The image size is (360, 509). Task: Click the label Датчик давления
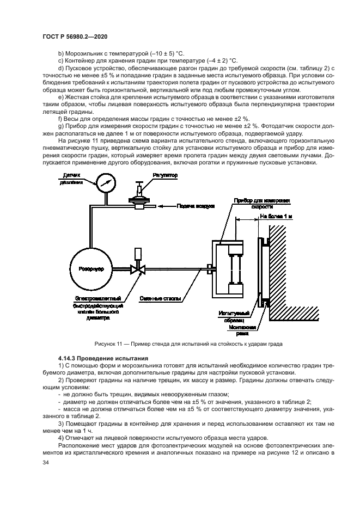[72, 179]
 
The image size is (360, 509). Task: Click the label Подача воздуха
[196, 206]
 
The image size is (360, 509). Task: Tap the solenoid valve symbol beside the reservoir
[138, 268]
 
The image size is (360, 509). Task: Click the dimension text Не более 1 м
[276, 216]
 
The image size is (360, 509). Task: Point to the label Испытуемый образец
[235, 316]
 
